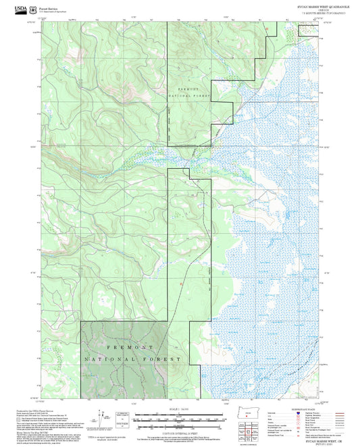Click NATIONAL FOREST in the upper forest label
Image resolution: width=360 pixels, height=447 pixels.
pyautogui.click(x=189, y=97)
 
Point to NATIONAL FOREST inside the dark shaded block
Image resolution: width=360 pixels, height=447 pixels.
pyautogui.click(x=132, y=359)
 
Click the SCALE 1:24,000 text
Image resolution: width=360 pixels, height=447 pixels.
pyautogui.click(x=180, y=410)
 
